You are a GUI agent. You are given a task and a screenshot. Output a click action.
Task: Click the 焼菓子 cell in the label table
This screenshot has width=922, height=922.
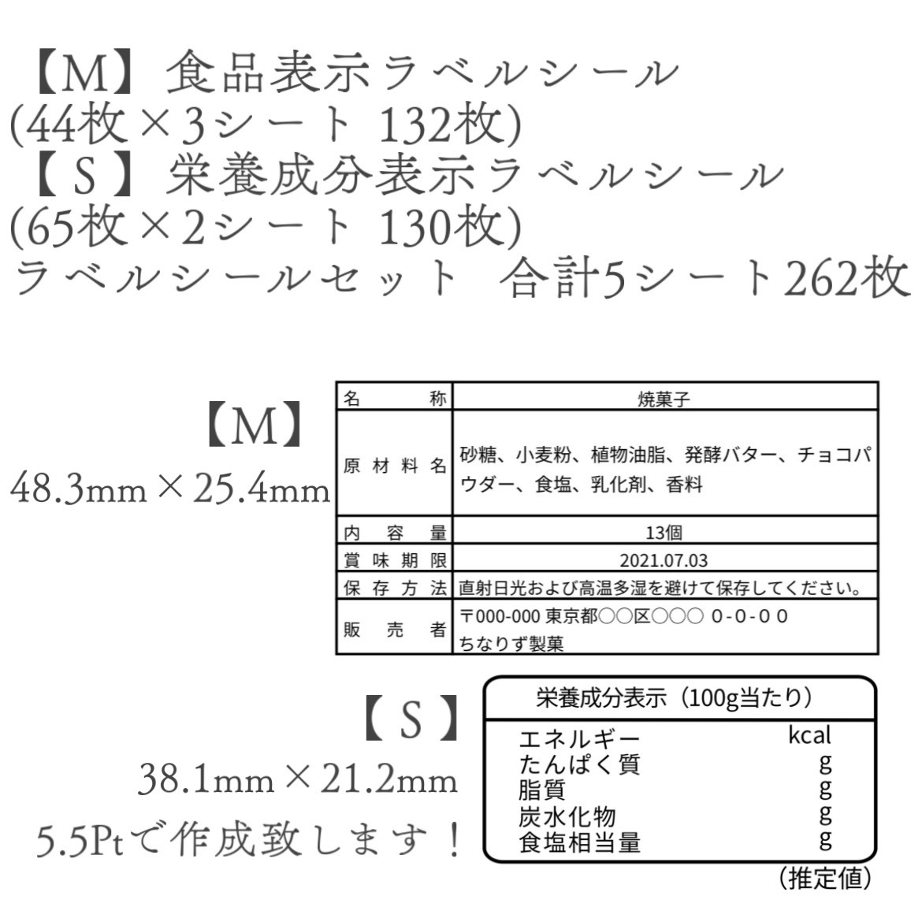click(x=664, y=400)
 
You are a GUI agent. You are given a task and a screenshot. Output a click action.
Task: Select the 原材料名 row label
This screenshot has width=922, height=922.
click(x=395, y=467)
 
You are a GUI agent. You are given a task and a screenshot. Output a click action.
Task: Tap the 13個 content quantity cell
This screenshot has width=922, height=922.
click(x=664, y=533)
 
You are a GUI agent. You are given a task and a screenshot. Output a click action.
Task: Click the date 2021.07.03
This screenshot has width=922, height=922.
click(x=664, y=560)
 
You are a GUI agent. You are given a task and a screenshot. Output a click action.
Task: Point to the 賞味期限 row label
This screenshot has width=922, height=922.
click(x=395, y=560)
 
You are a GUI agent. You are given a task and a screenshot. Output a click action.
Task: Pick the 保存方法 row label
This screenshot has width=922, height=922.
click(x=395, y=588)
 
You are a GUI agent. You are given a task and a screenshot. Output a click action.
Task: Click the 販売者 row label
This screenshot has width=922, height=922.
click(x=395, y=630)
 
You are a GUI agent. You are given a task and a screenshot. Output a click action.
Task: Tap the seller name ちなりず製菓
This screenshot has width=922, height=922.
click(x=511, y=644)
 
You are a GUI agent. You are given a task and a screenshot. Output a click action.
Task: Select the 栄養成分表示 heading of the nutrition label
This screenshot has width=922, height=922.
click(x=601, y=698)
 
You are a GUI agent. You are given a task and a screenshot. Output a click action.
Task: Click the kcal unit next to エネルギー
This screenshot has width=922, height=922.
click(x=809, y=735)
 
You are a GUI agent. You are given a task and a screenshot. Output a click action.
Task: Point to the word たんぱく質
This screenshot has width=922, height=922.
click(x=579, y=764)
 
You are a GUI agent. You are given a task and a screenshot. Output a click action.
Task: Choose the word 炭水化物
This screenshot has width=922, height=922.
click(x=567, y=816)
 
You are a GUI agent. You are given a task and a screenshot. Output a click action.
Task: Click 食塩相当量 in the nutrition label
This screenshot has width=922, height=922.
click(x=579, y=842)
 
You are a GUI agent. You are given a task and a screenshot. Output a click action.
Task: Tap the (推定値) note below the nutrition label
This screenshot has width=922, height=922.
click(x=825, y=879)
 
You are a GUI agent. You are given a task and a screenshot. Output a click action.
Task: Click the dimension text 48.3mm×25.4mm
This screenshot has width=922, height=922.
click(x=170, y=489)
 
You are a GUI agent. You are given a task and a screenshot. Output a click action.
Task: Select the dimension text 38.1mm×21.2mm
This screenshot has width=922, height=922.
click(x=298, y=780)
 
